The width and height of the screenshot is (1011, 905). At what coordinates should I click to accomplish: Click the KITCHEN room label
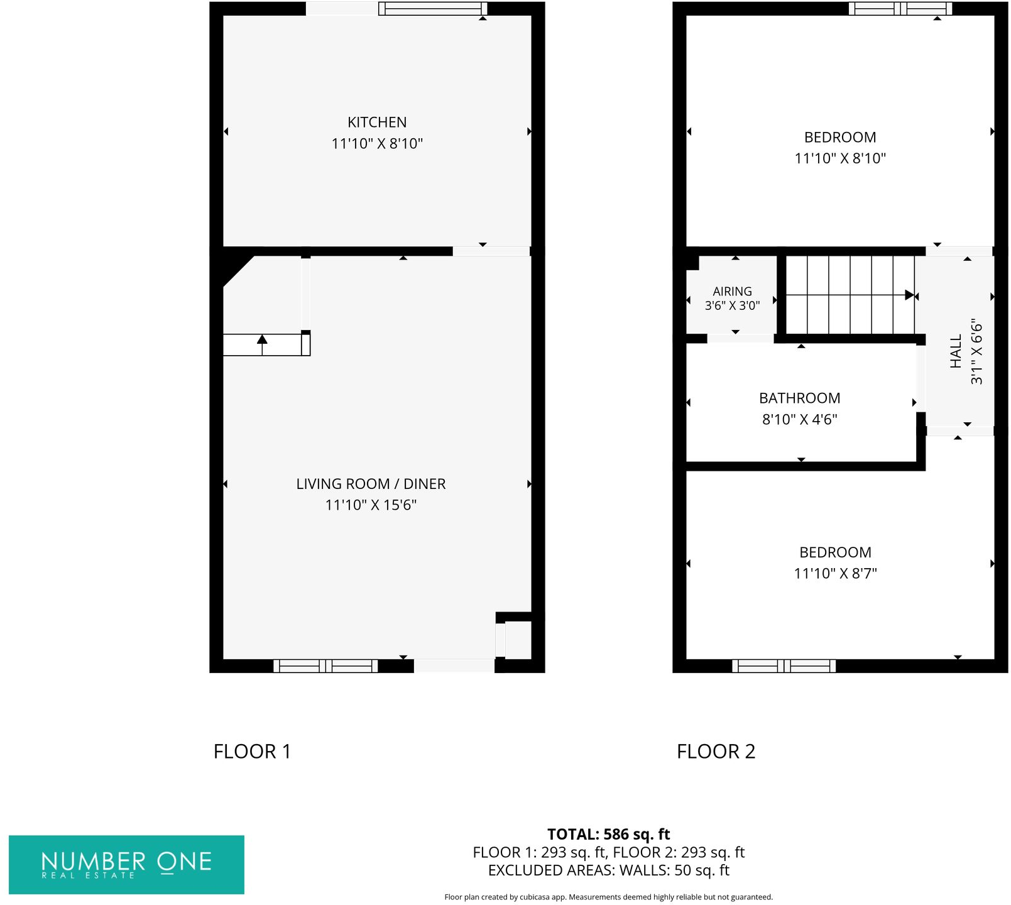pos(377,122)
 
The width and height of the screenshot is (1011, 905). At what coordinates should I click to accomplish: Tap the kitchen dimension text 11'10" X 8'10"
pos(377,144)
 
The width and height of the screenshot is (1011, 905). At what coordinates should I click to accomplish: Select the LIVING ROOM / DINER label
pos(371,484)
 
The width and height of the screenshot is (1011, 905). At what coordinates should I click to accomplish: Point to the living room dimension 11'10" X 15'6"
pos(371,505)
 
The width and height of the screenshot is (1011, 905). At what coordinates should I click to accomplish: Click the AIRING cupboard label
pos(732,292)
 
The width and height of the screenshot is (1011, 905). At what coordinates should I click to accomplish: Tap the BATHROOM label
pos(799,398)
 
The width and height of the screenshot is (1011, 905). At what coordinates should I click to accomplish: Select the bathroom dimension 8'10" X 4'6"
pos(799,420)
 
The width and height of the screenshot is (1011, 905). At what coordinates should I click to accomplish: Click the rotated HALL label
pos(956,351)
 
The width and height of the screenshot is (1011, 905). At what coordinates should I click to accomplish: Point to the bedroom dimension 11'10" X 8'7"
pos(835,574)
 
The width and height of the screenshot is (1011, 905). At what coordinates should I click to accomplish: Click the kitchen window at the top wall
pos(433,9)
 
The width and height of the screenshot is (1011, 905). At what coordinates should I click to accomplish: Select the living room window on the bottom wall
pos(325,666)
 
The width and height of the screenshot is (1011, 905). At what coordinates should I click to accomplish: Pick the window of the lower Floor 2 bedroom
pos(784,666)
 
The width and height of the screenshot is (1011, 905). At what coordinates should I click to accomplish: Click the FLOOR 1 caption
pos(252,752)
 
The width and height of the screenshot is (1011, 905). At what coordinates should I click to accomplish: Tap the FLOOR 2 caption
pos(716,752)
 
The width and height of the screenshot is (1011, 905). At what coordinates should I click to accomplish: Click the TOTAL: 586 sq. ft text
pos(608,835)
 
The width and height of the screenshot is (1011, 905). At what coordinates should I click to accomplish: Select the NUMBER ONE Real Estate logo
pos(126,864)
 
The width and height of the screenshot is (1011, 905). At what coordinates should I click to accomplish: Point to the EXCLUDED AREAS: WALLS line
pos(608,870)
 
